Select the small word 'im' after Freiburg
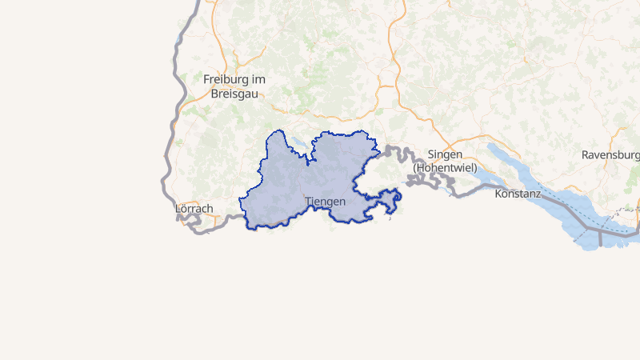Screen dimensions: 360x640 [x=258, y=80]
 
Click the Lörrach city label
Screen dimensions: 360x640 [x=194, y=209]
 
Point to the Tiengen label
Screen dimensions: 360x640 [x=325, y=202]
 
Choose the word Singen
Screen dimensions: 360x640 [x=445, y=154]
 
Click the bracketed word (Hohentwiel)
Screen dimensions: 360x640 [x=445, y=168]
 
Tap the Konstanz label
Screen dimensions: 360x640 [x=518, y=194]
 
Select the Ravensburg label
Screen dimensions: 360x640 [x=610, y=154]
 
